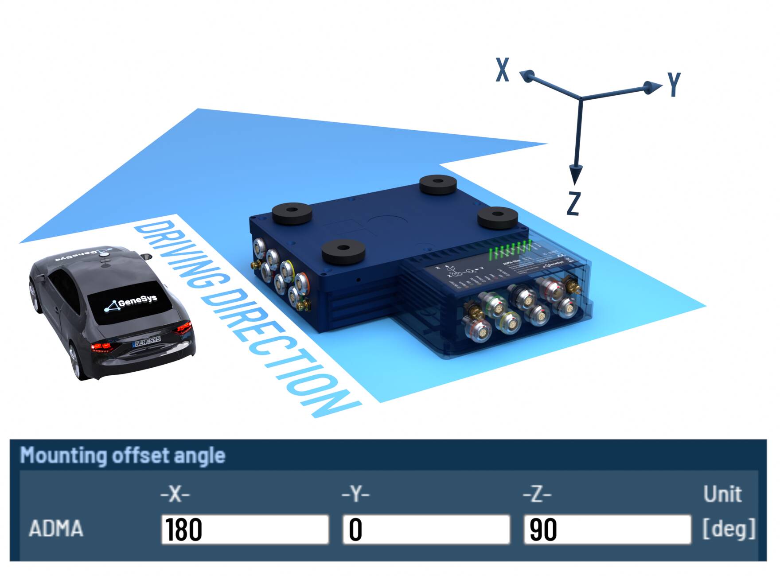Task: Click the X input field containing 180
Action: coord(245,529)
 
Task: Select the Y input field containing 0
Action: coord(426,529)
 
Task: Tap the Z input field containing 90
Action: coord(607,529)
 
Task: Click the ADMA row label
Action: coord(56,529)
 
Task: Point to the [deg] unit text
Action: coord(729,528)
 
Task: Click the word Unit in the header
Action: coord(722,494)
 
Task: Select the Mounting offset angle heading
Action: coord(123,455)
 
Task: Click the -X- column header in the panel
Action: coord(175,494)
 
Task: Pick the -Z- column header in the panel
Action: coord(537,494)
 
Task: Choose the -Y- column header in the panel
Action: coord(355,494)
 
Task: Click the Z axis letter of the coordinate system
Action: coord(573,203)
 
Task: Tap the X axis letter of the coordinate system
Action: coord(502,70)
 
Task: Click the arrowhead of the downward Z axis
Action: coord(575,174)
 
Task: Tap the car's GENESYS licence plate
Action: coord(147,341)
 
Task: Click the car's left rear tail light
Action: coord(102,347)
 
